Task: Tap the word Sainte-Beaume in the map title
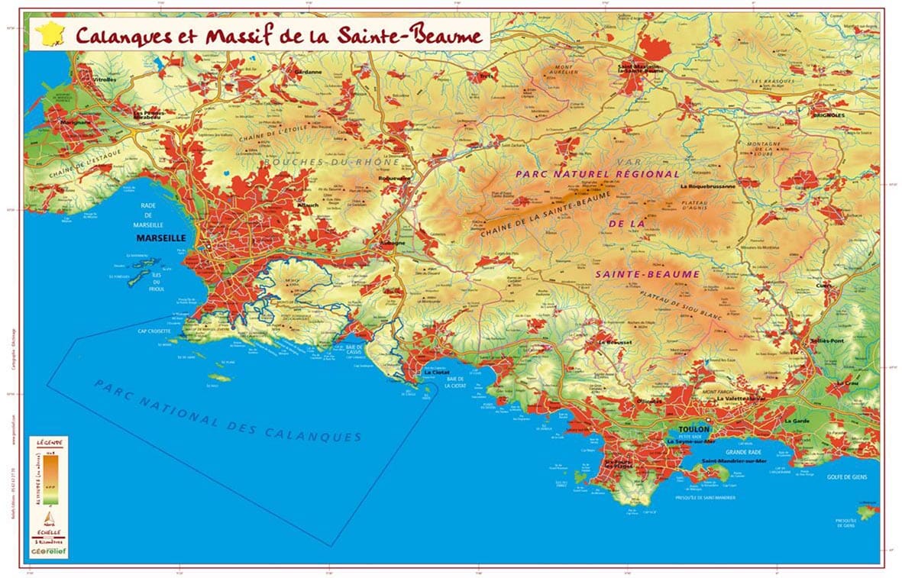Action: click(x=415, y=35)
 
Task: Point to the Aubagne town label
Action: click(x=376, y=244)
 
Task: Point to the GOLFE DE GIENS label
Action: click(x=844, y=477)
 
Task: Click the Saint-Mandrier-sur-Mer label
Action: click(x=729, y=462)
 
